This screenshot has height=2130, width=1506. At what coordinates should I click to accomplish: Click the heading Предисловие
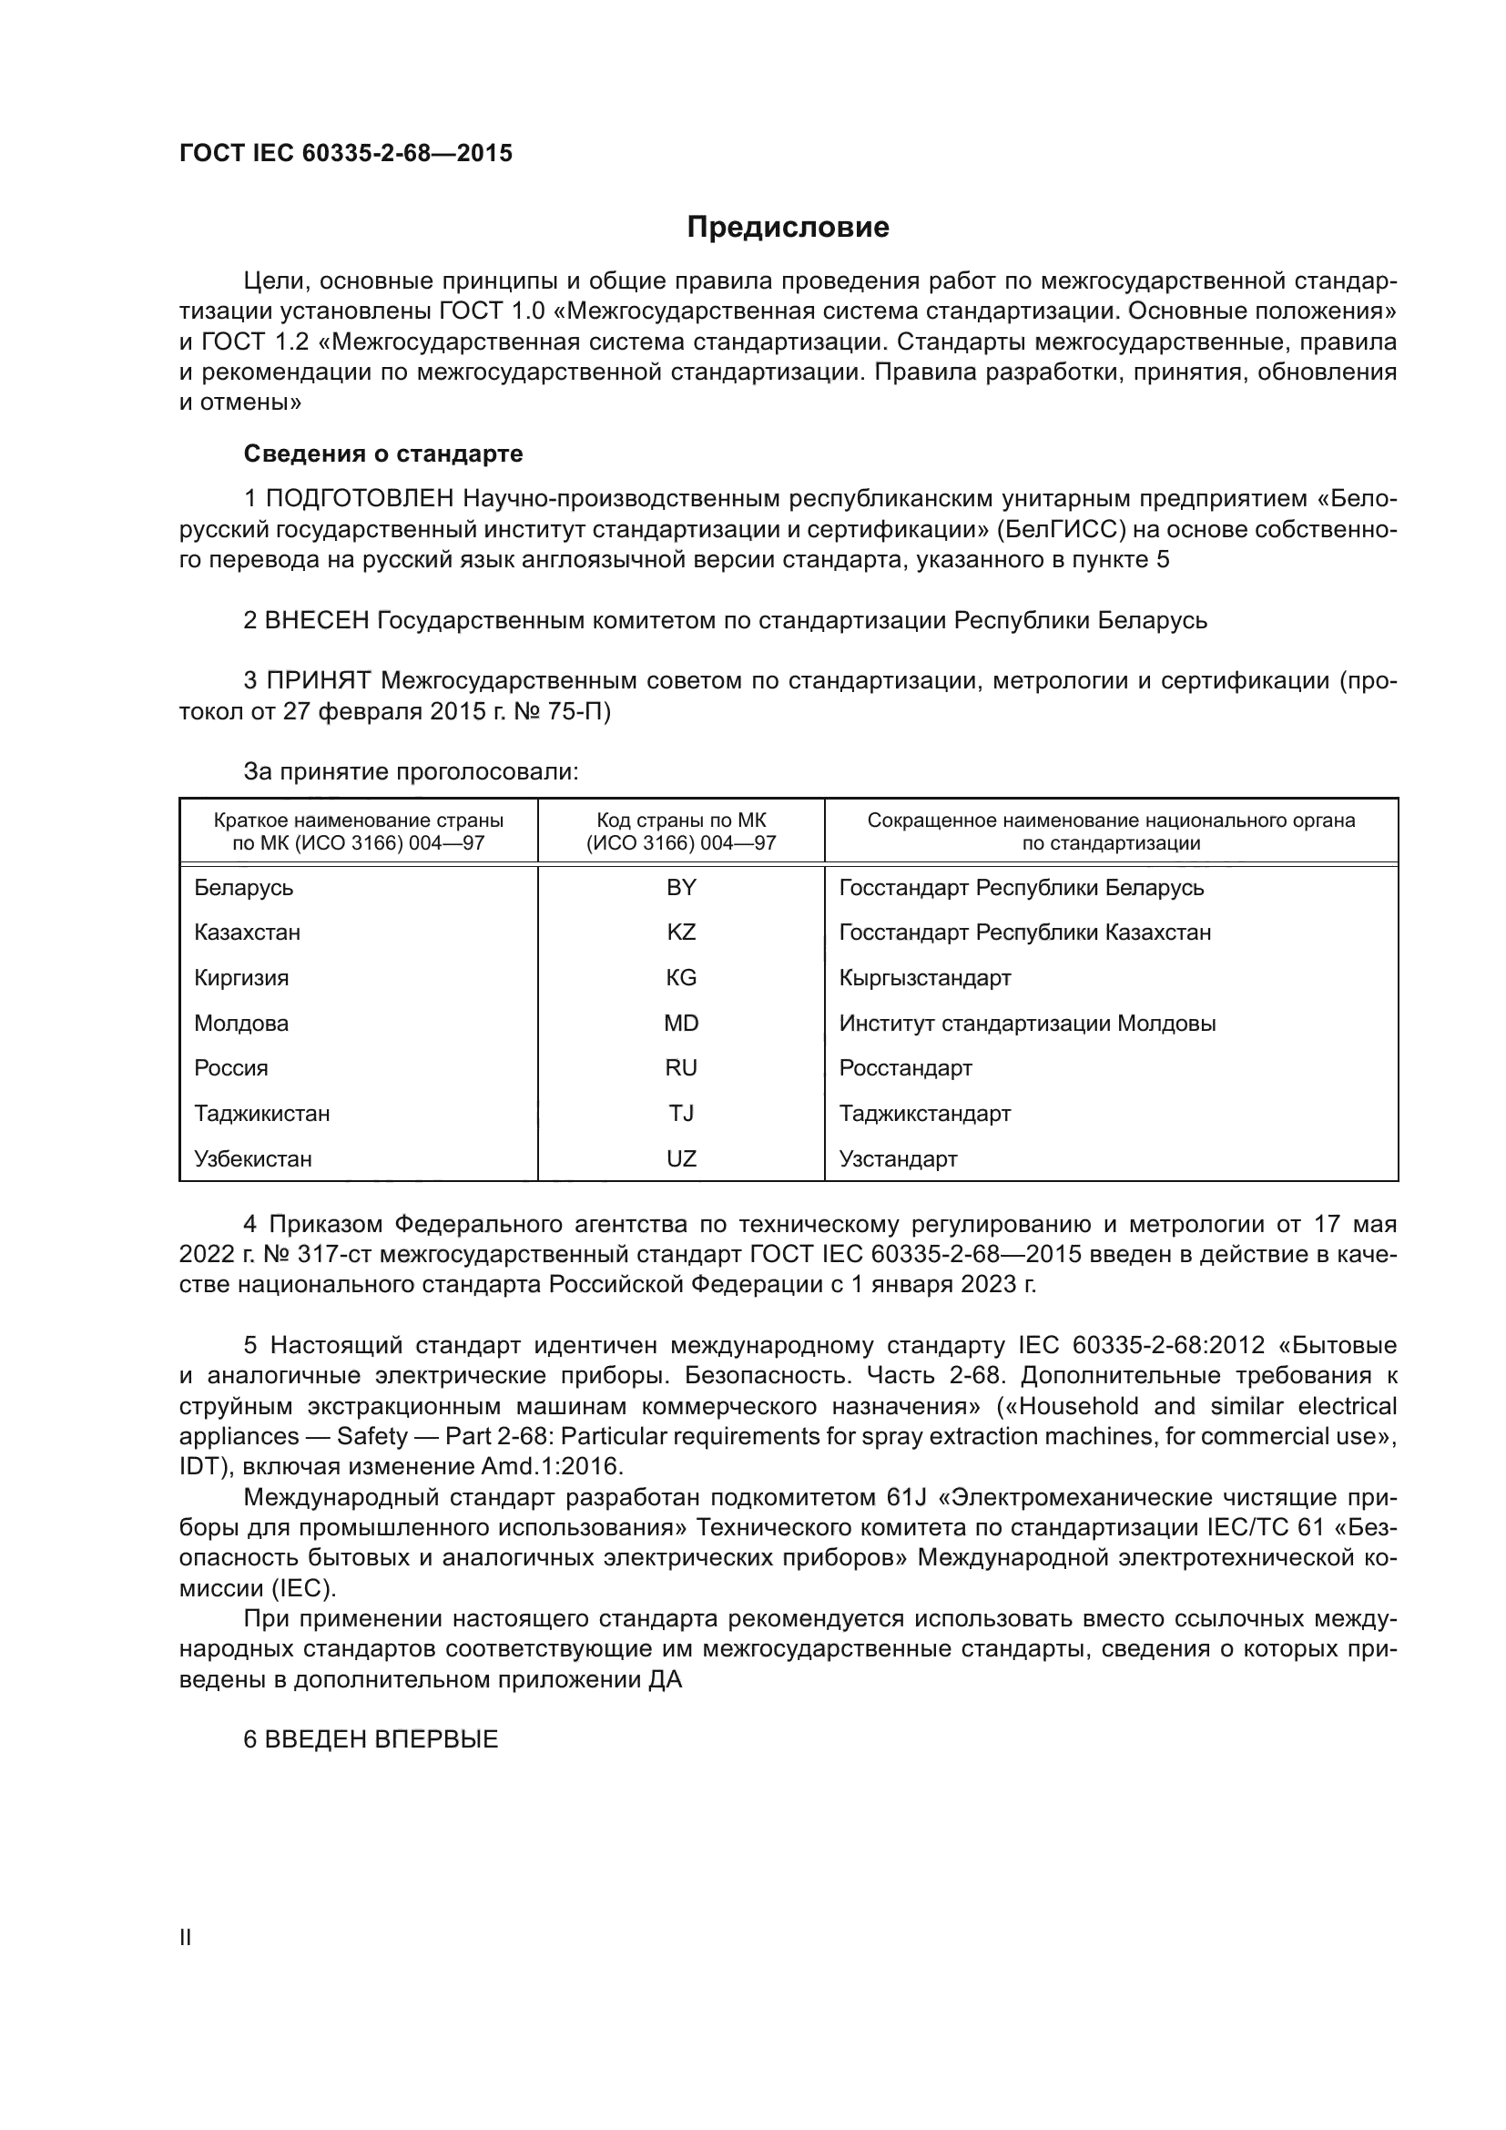tap(788, 228)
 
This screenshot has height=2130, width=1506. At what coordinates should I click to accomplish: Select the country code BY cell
tap(681, 888)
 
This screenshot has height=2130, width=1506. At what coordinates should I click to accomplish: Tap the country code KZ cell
tap(681, 933)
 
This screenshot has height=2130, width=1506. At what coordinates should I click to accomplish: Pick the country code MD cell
tap(681, 1024)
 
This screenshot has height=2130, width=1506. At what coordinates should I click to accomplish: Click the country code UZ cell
tap(681, 1158)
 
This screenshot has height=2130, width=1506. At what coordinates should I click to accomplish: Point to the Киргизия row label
tap(241, 978)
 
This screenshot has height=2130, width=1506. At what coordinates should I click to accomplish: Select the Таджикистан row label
tap(261, 1113)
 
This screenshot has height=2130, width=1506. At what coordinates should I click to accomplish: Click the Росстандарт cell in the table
tap(905, 1068)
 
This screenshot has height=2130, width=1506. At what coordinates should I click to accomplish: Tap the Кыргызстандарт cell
tap(924, 978)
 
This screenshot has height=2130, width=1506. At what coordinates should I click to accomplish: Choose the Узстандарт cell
tap(898, 1158)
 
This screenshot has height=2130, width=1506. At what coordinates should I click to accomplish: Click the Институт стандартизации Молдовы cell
tap(1026, 1024)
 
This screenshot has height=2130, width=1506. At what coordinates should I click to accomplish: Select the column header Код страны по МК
tap(681, 831)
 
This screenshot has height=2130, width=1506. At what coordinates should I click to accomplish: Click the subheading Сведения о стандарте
tap(383, 454)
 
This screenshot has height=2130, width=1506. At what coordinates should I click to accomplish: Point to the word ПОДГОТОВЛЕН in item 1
tap(360, 499)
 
